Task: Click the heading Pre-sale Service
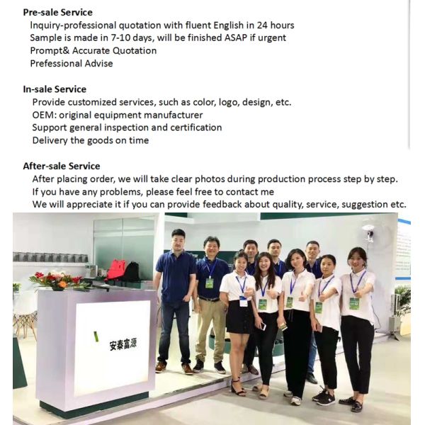[x=57, y=12]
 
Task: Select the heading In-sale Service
[x=55, y=89]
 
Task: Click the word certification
[x=195, y=127]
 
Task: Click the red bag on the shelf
[x=116, y=269]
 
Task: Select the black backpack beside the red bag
[x=132, y=271]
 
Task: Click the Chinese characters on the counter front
[x=119, y=346]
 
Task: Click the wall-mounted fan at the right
[x=368, y=234]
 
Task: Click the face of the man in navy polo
[x=178, y=239]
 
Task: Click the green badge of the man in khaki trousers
[x=209, y=283]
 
